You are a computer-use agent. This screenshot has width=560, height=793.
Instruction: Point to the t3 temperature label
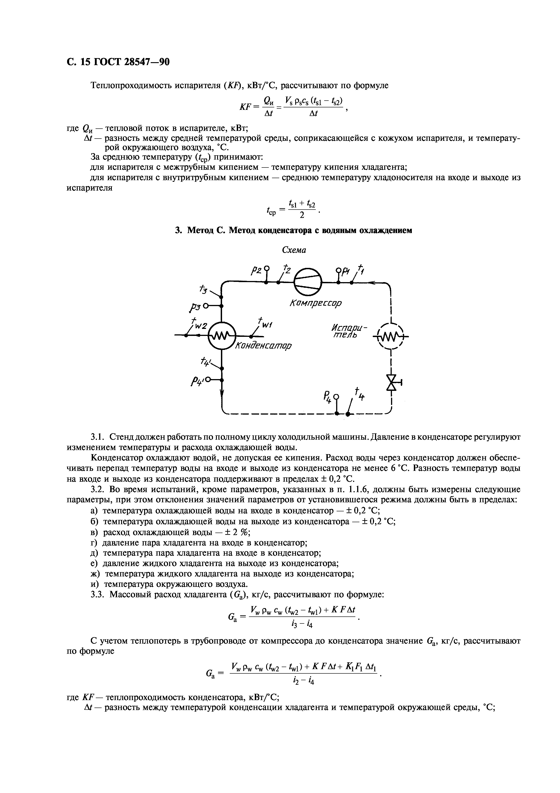203,288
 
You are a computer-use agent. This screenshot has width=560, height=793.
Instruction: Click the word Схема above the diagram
294,250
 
